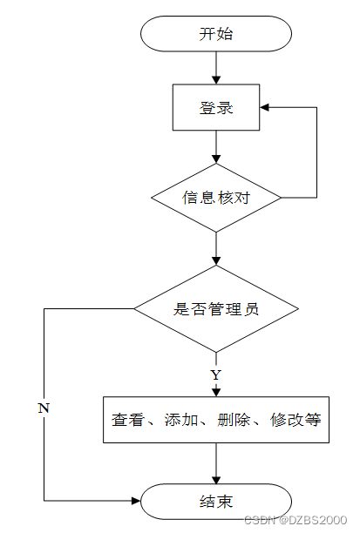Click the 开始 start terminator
216,34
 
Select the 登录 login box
216,107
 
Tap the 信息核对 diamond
216,198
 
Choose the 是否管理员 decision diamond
216,308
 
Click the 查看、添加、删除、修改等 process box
216,420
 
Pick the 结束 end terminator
216,502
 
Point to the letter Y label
216,375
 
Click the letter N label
44,408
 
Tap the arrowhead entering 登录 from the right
264,107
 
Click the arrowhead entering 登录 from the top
216,80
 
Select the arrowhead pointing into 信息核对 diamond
216,159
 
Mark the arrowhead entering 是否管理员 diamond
216,260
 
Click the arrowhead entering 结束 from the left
136,501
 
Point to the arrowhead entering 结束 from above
216,479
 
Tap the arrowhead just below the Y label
216,392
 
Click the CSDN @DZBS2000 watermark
295,520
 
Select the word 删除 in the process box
234,420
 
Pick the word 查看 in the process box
128,420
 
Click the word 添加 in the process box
181,420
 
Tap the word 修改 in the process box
287,420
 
